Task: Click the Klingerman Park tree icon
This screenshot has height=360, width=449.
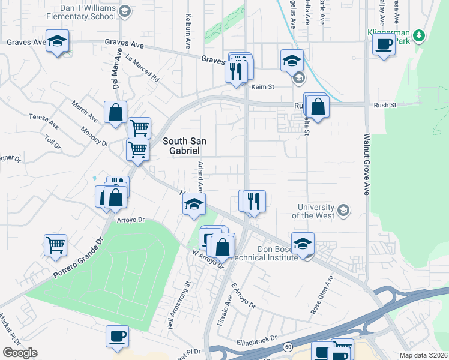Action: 419,35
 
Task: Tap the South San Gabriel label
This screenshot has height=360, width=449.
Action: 185,146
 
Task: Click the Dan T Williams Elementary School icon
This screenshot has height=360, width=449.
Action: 124,11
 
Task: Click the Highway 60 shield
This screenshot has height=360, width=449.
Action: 288,347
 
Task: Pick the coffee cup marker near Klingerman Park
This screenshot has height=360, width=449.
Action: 384,44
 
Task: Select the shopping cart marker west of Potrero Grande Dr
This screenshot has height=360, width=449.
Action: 55,245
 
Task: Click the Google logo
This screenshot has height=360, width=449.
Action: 20,352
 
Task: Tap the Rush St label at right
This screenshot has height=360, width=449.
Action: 385,105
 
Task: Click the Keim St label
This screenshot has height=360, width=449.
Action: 262,87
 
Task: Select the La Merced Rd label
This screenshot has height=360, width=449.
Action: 143,68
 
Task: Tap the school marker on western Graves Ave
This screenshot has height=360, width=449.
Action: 58,41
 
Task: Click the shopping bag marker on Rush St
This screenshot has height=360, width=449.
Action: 318,107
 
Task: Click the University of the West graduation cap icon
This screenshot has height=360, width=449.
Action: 343,210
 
